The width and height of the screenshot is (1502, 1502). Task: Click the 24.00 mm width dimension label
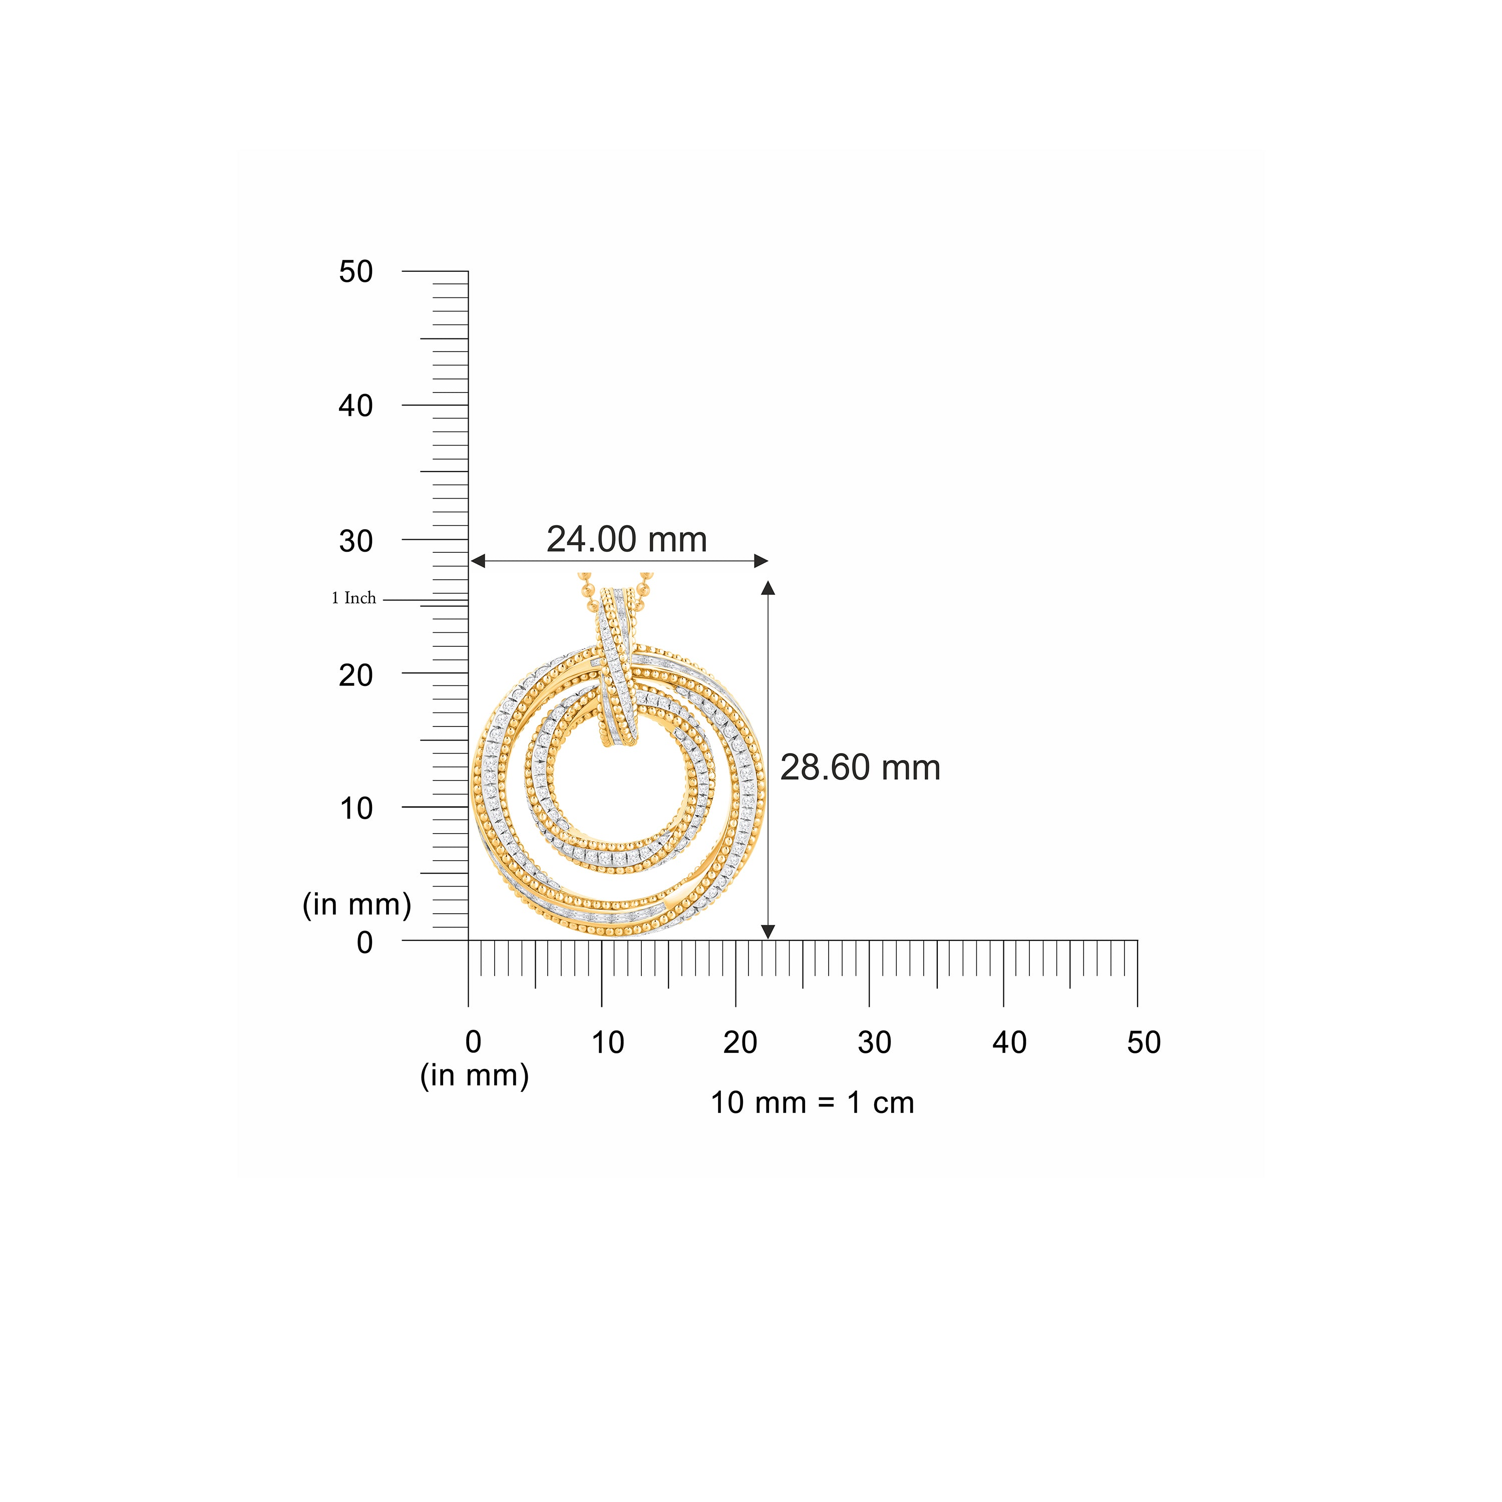(627, 540)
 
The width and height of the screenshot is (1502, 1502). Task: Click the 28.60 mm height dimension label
(860, 768)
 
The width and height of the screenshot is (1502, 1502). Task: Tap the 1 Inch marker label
(354, 598)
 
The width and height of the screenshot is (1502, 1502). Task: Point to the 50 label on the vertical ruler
(356, 272)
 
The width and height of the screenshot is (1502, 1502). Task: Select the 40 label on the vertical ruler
(356, 406)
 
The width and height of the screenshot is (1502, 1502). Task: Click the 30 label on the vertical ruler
(356, 541)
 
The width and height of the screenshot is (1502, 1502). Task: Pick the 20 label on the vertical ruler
(356, 675)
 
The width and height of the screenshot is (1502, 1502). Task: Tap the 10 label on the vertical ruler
(356, 809)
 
